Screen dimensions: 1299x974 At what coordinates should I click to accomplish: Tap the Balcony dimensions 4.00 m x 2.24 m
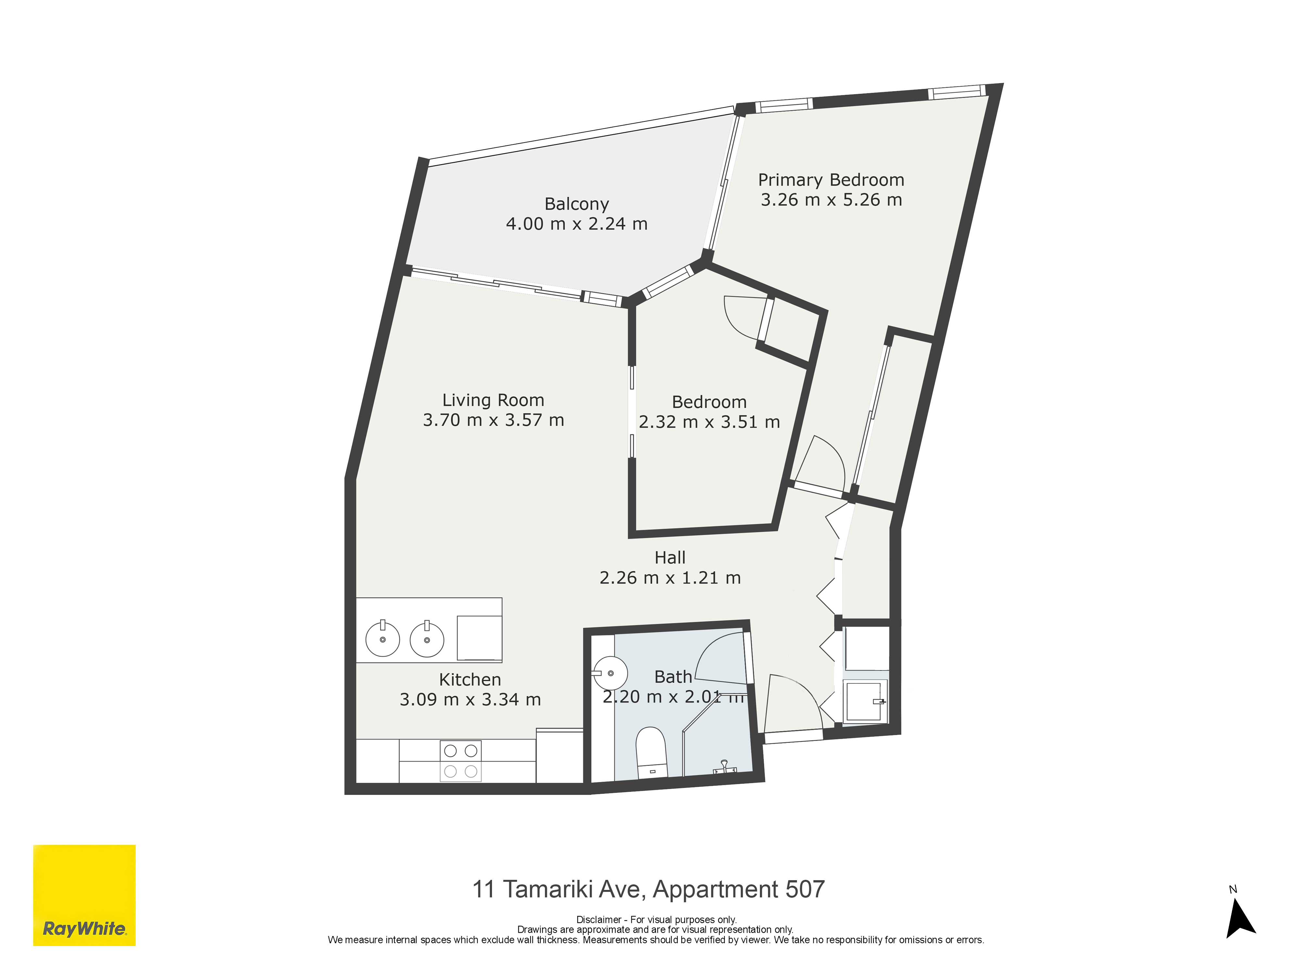coord(577,224)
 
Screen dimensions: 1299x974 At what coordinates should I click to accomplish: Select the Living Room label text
coord(493,400)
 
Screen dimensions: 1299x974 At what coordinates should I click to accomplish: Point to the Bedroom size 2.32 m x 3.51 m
coord(709,421)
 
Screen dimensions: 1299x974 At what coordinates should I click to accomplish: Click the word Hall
coord(670,557)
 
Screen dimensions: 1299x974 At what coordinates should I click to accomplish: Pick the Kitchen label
coord(470,679)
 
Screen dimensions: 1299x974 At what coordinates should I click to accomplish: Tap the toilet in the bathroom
coord(651,752)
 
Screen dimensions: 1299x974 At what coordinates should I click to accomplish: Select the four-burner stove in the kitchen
coord(460,761)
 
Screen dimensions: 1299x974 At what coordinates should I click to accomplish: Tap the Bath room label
coord(673,677)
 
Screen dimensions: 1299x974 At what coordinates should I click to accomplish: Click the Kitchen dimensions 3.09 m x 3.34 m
coord(470,699)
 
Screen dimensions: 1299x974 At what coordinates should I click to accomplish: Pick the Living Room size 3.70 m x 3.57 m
coord(493,420)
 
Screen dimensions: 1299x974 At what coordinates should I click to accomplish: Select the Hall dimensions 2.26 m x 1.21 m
coord(670,578)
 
